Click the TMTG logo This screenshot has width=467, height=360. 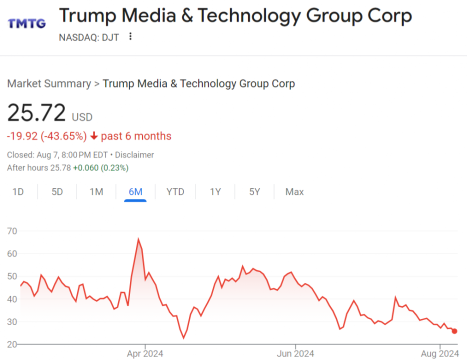click(26, 23)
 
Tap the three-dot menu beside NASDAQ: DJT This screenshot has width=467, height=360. click(130, 36)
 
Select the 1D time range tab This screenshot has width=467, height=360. click(18, 192)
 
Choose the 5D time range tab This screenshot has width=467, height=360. click(57, 192)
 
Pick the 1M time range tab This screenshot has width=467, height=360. click(96, 192)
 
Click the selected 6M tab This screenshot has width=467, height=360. click(135, 192)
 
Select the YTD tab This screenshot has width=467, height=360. click(175, 192)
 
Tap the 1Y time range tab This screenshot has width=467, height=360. click(215, 192)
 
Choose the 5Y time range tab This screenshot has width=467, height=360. click(254, 192)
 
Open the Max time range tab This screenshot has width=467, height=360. click(294, 192)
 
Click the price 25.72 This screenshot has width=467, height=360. click(36, 113)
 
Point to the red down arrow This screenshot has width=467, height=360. click(94, 136)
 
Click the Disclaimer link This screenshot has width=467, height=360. click(134, 155)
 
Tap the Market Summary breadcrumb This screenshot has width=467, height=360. click(48, 83)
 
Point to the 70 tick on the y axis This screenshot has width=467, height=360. click(12, 231)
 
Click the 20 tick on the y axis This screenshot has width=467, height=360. click(12, 344)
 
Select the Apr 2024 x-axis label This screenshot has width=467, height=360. click(145, 354)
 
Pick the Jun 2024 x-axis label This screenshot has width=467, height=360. click(295, 354)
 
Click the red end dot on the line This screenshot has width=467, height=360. click(454, 331)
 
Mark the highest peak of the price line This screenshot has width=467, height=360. click(138, 239)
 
